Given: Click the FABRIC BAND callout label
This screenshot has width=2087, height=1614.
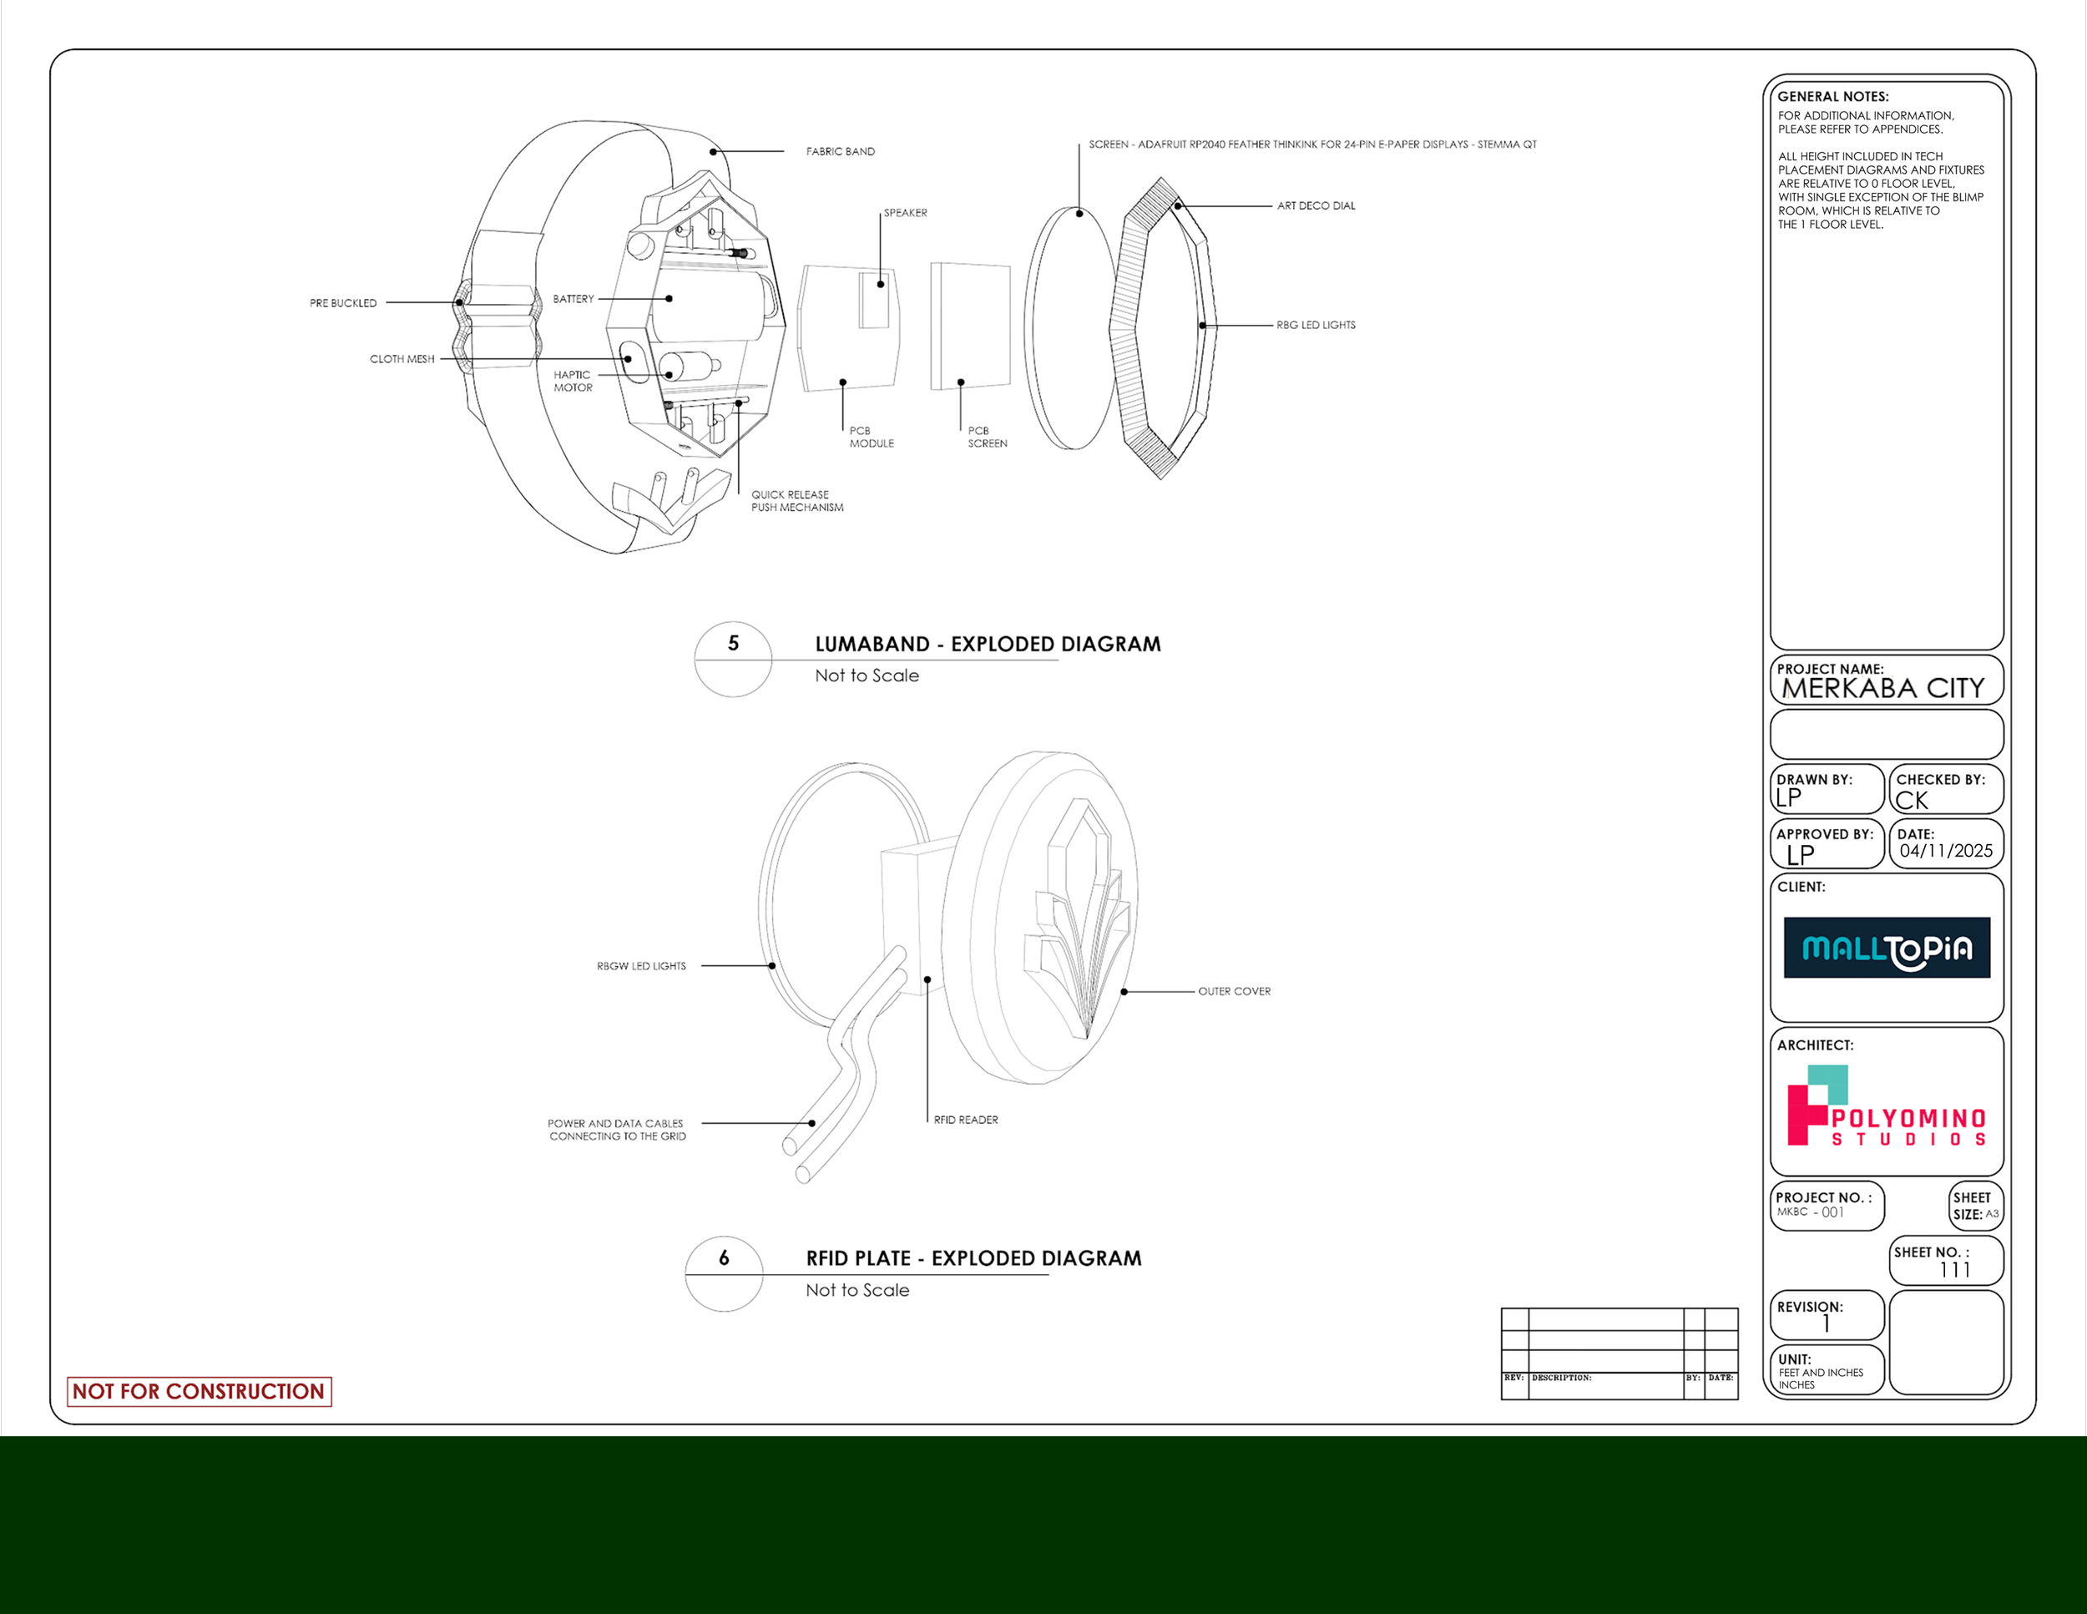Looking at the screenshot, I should (x=840, y=152).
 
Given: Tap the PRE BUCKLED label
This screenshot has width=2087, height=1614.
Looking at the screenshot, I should (x=343, y=303).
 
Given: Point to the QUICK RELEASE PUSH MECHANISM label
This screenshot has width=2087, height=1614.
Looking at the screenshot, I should (x=797, y=502).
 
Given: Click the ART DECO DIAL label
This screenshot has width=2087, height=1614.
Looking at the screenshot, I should (x=1316, y=205).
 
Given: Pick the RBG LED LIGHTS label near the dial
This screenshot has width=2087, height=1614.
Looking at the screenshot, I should (x=1316, y=325).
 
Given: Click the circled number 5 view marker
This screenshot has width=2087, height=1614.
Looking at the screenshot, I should (x=733, y=644).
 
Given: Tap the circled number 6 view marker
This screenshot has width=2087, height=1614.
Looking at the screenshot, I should (x=725, y=1258).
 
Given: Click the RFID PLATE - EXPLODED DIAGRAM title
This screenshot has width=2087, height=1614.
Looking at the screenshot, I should (x=973, y=1258).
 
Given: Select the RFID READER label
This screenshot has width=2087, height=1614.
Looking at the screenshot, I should (x=965, y=1120).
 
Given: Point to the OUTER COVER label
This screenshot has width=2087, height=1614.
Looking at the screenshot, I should (x=1234, y=992).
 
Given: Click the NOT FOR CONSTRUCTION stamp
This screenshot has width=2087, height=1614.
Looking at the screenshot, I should (x=199, y=1391).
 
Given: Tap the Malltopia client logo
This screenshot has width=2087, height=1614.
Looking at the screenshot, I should (x=1887, y=948).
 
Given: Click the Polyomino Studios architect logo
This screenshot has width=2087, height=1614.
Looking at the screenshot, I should (x=1887, y=1109).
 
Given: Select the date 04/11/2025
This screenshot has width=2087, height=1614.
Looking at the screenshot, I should (x=1946, y=852).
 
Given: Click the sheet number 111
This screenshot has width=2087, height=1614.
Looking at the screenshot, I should (x=1954, y=1270).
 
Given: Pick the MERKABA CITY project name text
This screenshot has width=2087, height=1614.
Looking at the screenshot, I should (x=1882, y=689).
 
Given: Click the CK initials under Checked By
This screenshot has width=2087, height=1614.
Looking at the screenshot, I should (x=1913, y=801).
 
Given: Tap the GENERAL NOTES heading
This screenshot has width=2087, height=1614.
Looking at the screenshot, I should (x=1832, y=97).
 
